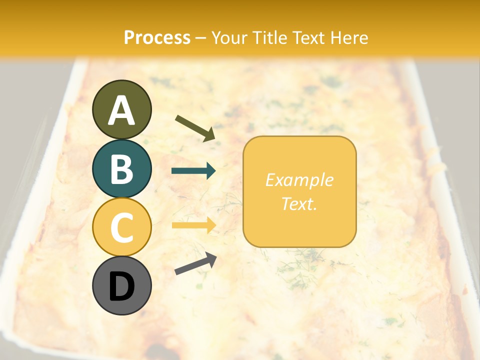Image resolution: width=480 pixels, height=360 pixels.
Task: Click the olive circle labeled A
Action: pos(121,109)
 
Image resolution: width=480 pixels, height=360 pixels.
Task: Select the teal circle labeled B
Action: pos(121,168)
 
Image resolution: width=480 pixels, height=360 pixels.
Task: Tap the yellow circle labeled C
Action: pos(121,226)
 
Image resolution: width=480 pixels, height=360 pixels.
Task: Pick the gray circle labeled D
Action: pos(121,285)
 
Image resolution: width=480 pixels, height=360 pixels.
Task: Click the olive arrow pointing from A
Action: pos(195,127)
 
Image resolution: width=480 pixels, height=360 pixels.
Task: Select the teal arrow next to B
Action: pos(193,171)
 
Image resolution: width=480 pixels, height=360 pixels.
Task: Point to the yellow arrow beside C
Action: pos(193,225)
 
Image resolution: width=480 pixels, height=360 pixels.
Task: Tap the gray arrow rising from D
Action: pos(195,263)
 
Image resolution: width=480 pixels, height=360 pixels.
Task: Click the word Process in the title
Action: pos(157,38)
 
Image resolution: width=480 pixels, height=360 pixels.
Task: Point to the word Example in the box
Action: pos(299,180)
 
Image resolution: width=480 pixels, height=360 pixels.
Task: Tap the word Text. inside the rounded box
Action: pos(299,203)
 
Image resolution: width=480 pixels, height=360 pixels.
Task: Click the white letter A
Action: pos(121,110)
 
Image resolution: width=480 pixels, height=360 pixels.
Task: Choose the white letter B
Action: pos(121,169)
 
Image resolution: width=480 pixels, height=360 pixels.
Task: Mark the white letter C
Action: pos(121,227)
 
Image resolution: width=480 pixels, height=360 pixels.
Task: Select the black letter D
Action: pos(121,286)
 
